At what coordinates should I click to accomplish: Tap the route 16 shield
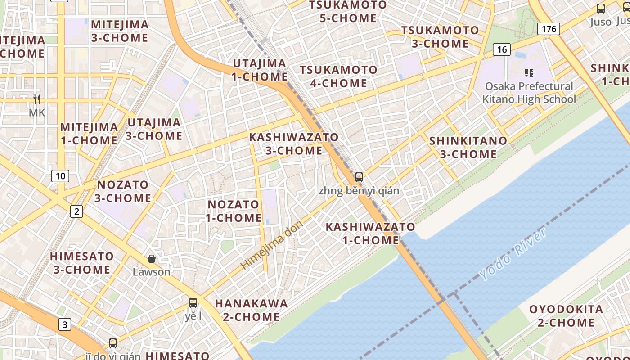[x=502, y=49]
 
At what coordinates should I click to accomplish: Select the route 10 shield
[x=60, y=175]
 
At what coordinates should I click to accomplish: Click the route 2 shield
[x=76, y=211]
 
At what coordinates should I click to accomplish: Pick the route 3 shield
[x=65, y=324]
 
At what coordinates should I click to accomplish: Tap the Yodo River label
[x=513, y=254]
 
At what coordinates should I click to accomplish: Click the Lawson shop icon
[x=152, y=259]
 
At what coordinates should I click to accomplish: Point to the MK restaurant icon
[x=37, y=99]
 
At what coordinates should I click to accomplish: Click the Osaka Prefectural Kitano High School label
[x=529, y=93]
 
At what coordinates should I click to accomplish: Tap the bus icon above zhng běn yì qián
[x=359, y=177]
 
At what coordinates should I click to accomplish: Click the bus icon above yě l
[x=193, y=303]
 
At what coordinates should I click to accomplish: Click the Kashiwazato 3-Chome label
[x=294, y=144]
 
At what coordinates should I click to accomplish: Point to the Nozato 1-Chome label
[x=234, y=211]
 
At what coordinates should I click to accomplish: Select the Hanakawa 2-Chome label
[x=251, y=310]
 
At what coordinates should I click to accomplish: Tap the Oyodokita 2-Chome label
[x=566, y=316]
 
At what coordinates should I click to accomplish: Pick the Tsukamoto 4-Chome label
[x=338, y=76]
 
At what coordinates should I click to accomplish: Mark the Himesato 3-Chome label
[x=82, y=263]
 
